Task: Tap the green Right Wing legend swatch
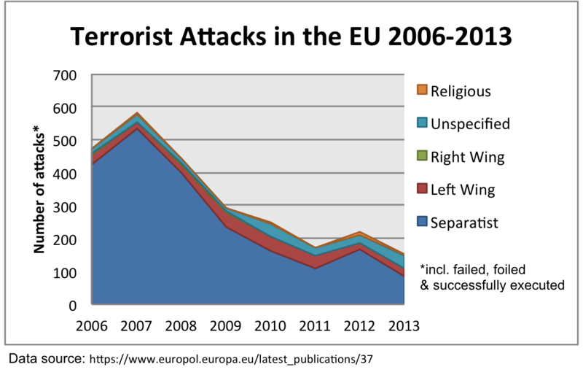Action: click(420, 157)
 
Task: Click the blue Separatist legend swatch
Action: click(420, 223)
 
